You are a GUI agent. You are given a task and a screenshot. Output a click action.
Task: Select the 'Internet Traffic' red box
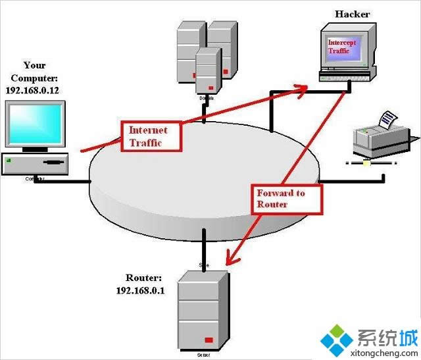pyautogui.click(x=148, y=136)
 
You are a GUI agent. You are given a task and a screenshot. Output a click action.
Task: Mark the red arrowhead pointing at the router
pyautogui.click(x=228, y=258)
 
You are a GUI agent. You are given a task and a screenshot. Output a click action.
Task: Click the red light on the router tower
pyautogui.click(x=209, y=340)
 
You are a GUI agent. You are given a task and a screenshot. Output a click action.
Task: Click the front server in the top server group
pyautogui.click(x=208, y=72)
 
